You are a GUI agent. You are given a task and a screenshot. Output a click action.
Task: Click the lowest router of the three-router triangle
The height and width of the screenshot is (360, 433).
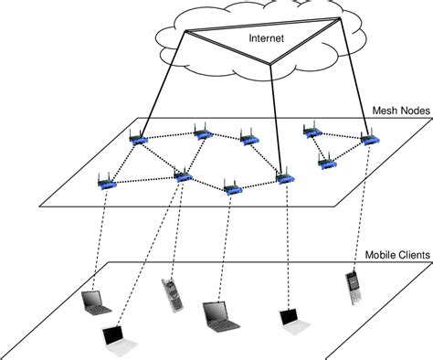coord(326,162)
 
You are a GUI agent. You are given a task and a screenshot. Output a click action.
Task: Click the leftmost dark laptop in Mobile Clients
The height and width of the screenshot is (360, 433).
coord(94,301)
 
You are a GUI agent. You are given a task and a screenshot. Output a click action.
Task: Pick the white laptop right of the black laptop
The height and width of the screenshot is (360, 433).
coord(290,317)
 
